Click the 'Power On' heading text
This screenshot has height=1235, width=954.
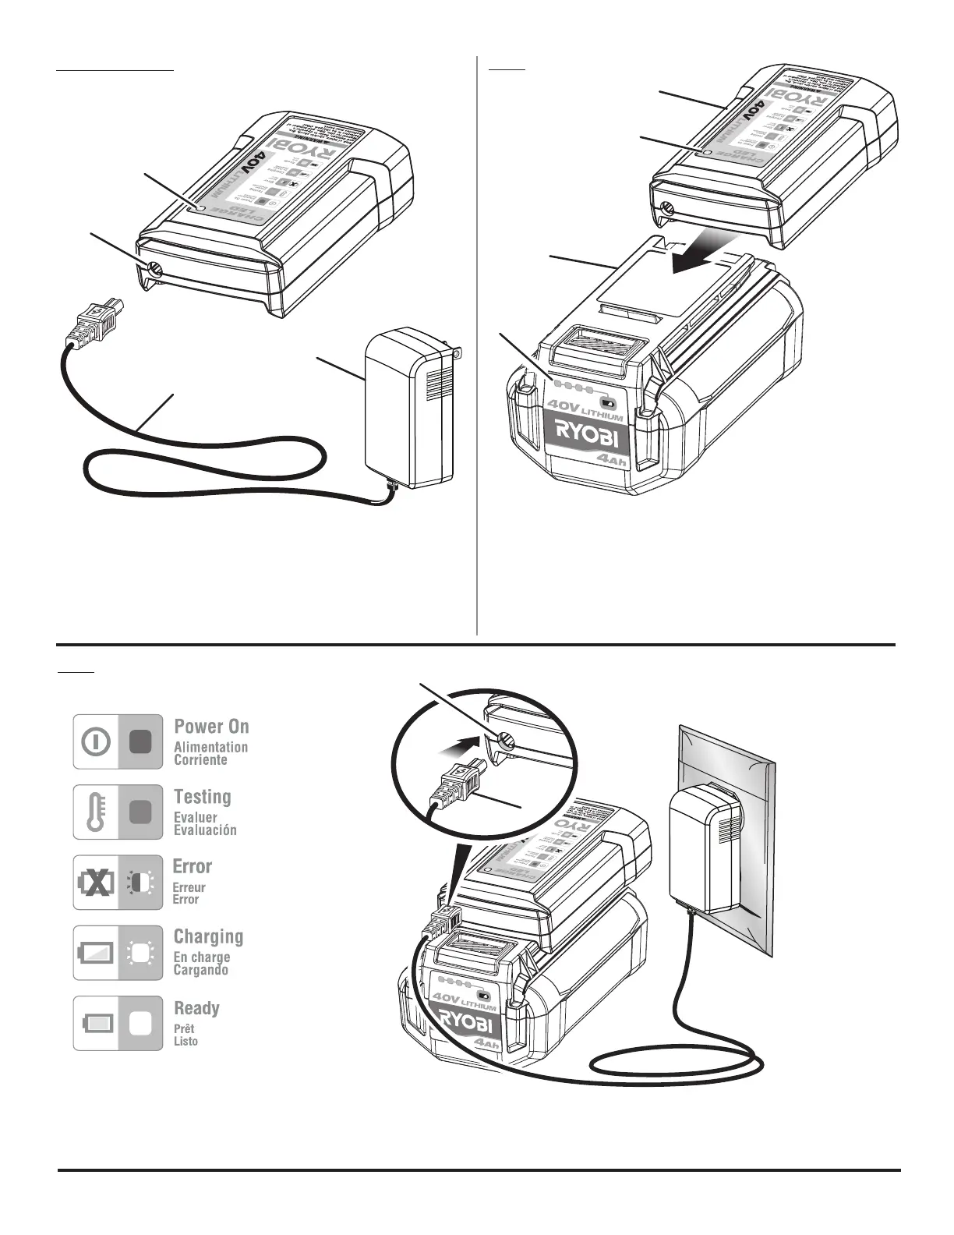211,727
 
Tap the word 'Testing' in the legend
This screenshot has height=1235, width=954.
202,797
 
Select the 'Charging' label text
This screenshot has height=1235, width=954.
208,936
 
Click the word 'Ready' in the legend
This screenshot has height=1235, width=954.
196,1008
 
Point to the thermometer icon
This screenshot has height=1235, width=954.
95,812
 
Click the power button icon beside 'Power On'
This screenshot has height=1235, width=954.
95,741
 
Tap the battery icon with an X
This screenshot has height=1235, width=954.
96,883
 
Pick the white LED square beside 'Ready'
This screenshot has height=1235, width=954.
140,1023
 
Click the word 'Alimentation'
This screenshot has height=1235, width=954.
210,747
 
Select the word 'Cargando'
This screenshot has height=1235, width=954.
200,971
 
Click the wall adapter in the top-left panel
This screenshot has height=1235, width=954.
409,405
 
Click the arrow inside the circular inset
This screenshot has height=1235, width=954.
457,746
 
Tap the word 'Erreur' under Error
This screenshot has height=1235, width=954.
189,887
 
